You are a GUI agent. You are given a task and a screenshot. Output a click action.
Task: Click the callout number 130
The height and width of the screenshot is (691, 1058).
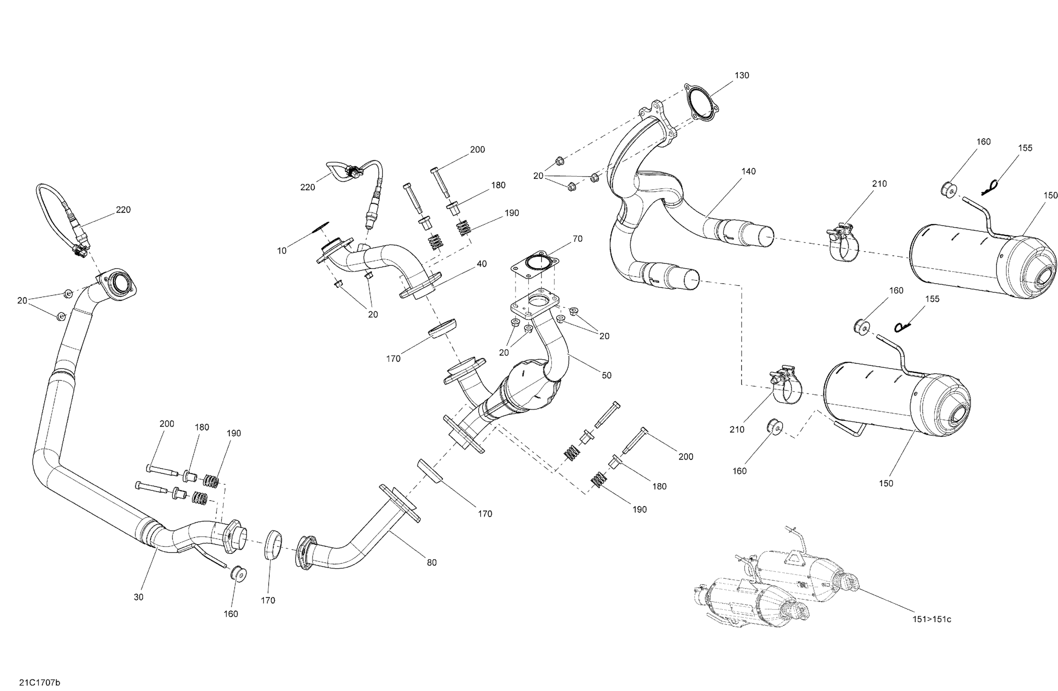click(x=742, y=75)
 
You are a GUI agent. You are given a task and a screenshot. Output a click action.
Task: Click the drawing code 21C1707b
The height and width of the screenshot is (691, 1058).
click(x=39, y=682)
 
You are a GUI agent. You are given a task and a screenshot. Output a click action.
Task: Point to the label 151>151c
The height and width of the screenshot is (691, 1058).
click(x=932, y=619)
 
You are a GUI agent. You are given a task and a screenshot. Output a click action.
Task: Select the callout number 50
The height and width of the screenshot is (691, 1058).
click(x=606, y=375)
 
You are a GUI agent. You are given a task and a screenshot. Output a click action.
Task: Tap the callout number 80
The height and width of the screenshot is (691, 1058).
click(x=432, y=563)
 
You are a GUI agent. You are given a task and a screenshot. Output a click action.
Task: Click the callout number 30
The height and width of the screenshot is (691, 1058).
click(x=139, y=597)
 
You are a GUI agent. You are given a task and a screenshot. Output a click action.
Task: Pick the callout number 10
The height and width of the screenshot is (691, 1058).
click(x=282, y=251)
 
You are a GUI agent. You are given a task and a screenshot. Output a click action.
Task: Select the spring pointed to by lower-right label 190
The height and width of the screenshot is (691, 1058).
click(x=599, y=481)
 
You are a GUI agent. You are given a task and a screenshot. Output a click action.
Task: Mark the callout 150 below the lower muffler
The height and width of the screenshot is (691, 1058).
click(x=886, y=483)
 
